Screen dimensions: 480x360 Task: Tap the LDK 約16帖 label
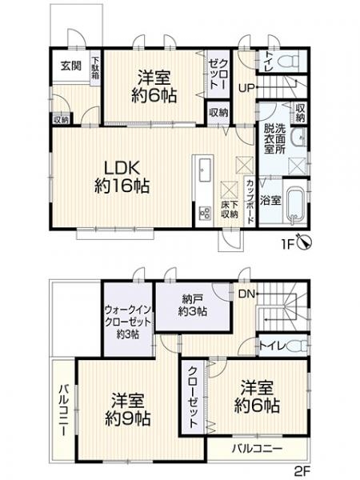point(120,176)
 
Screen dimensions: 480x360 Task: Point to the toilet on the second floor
point(296,346)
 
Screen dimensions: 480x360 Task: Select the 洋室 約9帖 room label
point(126,409)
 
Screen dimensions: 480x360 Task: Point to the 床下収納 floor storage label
point(230,210)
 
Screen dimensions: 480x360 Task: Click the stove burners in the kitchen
point(202,213)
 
